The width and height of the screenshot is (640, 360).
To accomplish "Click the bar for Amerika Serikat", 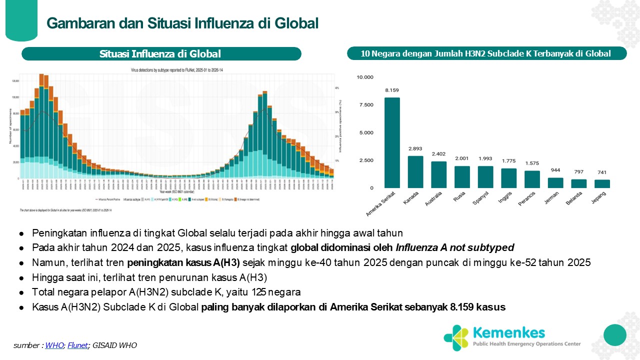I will [392, 143].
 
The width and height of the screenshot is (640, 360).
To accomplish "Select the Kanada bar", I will [415, 172].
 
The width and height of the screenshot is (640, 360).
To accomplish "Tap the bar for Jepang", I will [602, 183].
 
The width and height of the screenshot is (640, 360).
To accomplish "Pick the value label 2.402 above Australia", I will [439, 154].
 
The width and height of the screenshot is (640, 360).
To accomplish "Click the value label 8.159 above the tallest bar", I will [392, 90].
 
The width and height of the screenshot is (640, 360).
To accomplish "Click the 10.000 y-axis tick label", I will [364, 77].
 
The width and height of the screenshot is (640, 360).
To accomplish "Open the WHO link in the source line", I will [51, 345].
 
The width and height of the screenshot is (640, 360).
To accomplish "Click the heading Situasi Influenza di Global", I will [160, 54].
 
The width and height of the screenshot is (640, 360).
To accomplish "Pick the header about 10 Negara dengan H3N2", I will [486, 54].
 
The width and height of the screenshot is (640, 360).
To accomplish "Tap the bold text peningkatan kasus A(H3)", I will [183, 262].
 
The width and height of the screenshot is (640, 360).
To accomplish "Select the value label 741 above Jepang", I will [602, 172].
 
